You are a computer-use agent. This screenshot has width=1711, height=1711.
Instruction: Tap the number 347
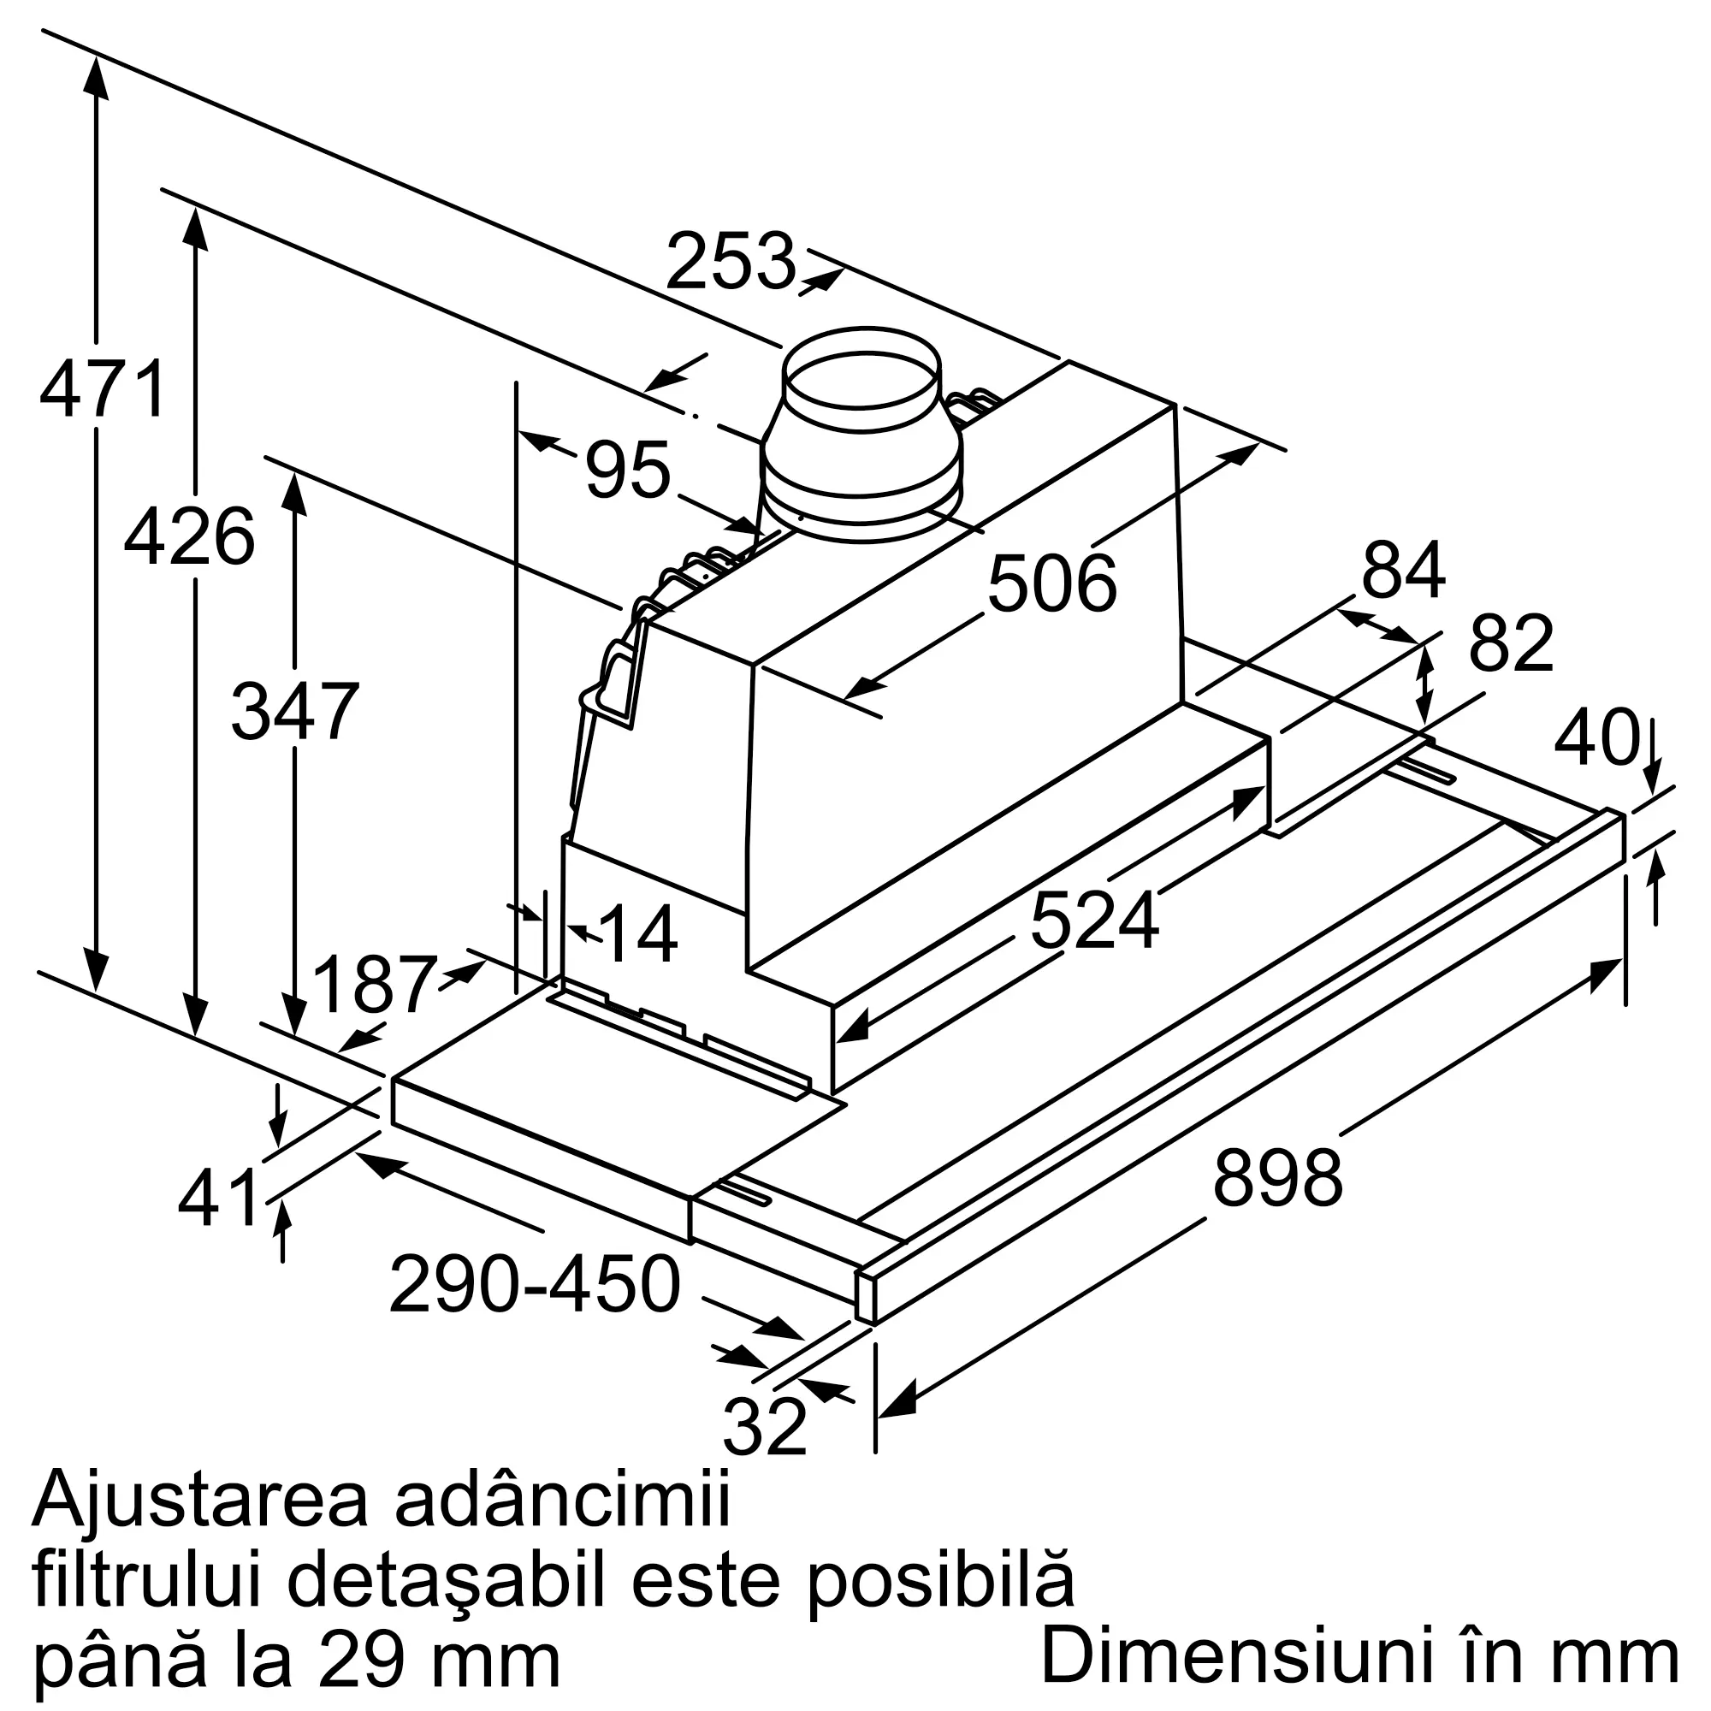pos(294,711)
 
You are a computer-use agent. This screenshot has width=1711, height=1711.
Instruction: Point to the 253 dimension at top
pos(731,261)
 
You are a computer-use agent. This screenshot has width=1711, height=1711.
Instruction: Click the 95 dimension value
pos(627,471)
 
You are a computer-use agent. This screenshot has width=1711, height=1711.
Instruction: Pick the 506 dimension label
pos(1052,583)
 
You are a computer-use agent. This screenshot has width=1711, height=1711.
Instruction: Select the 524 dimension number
pos(1095,921)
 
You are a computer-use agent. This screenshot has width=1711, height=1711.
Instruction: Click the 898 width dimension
pos(1278,1179)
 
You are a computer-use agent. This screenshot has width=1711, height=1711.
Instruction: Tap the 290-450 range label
pos(535,1285)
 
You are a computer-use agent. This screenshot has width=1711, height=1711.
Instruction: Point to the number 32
pos(764,1427)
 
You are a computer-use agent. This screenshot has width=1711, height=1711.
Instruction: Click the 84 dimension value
pos(1403,571)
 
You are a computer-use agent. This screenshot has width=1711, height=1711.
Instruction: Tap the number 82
pos(1511,644)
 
